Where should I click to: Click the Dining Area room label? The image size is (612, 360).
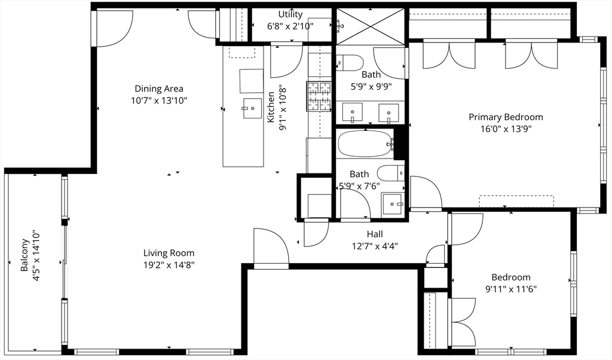coord(158,89)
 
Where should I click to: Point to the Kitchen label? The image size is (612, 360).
coord(271,107)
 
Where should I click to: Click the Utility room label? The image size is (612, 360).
coord(290,14)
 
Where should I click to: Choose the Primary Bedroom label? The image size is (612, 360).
coord(505,117)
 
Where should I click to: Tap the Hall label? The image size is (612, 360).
coord(375,234)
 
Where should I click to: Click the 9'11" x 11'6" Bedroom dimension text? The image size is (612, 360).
coord(510,289)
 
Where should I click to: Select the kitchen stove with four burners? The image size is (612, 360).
coord(319,96)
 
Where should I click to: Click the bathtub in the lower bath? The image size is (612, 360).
coord(364,144)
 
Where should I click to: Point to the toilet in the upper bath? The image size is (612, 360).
coord(350,62)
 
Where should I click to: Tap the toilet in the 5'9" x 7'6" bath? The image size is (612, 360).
coord(391,173)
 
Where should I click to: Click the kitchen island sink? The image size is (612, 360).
coord(252,108)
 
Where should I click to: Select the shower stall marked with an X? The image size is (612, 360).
coord(371,26)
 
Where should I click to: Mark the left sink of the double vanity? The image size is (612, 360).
coord(352,112)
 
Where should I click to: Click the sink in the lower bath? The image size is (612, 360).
coord(393,203)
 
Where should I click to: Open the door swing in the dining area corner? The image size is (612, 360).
coord(114,27)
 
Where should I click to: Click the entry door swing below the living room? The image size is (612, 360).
coord(270,247)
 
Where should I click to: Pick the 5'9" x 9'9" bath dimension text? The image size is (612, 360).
coord(371,86)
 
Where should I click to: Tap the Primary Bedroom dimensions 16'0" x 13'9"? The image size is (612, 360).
coord(505,128)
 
